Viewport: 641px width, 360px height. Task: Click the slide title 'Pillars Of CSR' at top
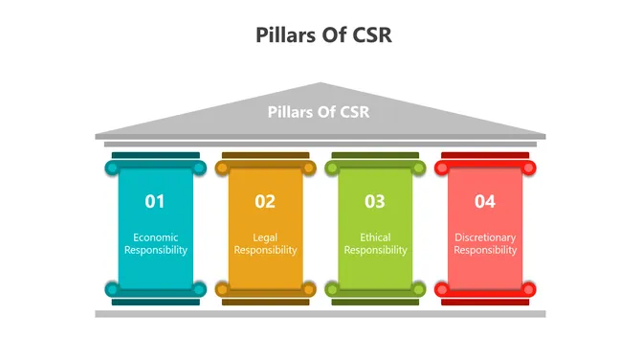pyautogui.click(x=323, y=35)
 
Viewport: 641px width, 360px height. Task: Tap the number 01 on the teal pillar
pyautogui.click(x=155, y=201)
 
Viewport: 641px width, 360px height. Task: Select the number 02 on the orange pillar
pyautogui.click(x=265, y=201)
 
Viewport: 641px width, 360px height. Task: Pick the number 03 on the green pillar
pyautogui.click(x=375, y=201)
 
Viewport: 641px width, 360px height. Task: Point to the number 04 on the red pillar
pyautogui.click(x=485, y=201)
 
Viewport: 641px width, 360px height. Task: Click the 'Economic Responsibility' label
pyautogui.click(x=155, y=243)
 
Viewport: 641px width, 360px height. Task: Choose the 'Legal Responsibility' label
pyautogui.click(x=265, y=243)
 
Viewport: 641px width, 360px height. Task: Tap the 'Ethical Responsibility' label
pyautogui.click(x=375, y=243)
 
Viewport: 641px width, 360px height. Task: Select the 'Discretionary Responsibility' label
pyautogui.click(x=485, y=243)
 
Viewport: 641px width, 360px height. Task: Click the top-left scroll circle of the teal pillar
pyautogui.click(x=111, y=169)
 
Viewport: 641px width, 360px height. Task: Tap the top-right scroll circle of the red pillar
pyautogui.click(x=529, y=169)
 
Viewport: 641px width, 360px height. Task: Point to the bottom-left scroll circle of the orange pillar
pyautogui.click(x=221, y=288)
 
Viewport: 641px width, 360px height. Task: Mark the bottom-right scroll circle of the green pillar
pyautogui.click(x=419, y=288)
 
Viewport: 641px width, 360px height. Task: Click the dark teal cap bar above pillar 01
pyautogui.click(x=155, y=155)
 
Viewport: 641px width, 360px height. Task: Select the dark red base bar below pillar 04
pyautogui.click(x=485, y=302)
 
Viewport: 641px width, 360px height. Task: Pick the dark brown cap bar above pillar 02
pyautogui.click(x=265, y=155)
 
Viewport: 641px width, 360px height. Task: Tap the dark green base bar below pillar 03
pyautogui.click(x=375, y=302)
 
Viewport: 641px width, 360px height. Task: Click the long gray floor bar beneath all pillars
pyautogui.click(x=320, y=314)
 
